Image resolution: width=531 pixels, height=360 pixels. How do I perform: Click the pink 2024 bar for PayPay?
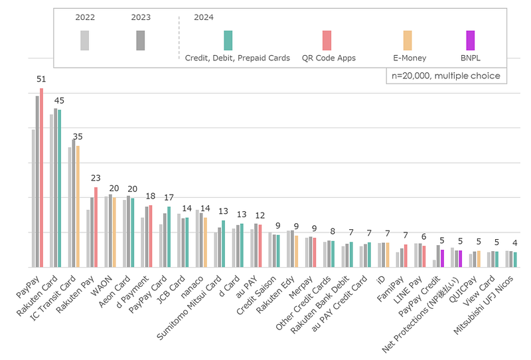(x=41, y=178)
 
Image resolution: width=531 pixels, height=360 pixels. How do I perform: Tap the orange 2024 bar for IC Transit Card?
(x=78, y=207)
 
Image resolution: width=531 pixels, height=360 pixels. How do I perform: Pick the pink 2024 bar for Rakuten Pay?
(x=96, y=227)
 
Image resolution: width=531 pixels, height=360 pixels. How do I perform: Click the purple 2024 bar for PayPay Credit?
(x=442, y=258)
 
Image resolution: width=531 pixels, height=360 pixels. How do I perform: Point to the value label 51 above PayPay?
(x=41, y=78)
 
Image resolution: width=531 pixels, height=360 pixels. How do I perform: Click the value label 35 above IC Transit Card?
(x=78, y=136)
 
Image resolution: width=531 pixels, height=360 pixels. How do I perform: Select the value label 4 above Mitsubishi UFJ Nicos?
(x=515, y=243)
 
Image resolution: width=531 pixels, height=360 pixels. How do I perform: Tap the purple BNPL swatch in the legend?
(x=471, y=41)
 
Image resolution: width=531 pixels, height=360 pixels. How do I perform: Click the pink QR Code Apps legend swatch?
(x=327, y=41)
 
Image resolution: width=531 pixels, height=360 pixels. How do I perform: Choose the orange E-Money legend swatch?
(x=408, y=41)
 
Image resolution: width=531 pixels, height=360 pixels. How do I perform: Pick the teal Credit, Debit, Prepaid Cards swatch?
(x=228, y=41)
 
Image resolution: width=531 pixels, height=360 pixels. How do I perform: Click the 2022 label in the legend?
(x=85, y=18)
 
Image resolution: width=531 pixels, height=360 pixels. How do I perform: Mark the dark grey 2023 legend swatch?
(x=141, y=41)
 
